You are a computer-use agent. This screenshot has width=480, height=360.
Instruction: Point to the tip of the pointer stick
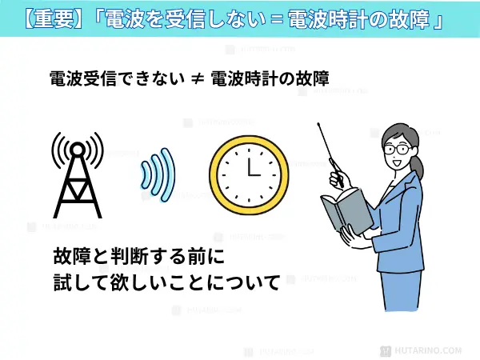[x=318, y=125]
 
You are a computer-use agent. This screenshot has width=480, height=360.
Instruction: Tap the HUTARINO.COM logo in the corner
[x=435, y=350]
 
